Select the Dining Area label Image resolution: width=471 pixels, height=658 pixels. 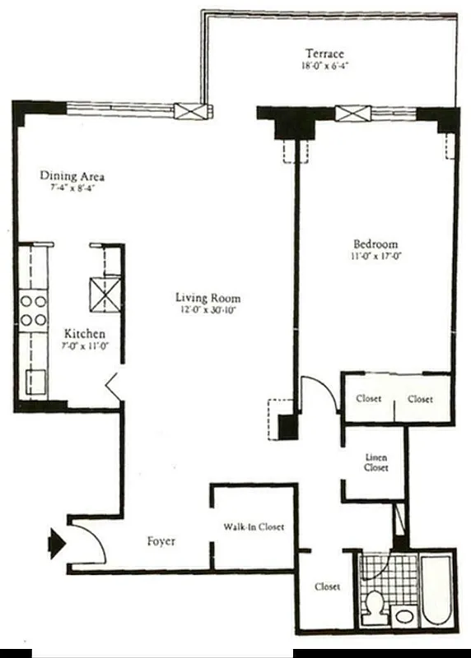(73, 176)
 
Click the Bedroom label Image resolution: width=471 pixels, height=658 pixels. (375, 244)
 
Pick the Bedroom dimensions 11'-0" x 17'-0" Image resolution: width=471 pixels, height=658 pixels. (375, 257)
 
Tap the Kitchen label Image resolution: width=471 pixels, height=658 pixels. (85, 334)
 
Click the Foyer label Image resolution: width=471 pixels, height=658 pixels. (161, 541)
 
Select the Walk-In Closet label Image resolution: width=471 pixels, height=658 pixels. (254, 526)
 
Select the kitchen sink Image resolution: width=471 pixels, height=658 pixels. (36, 381)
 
